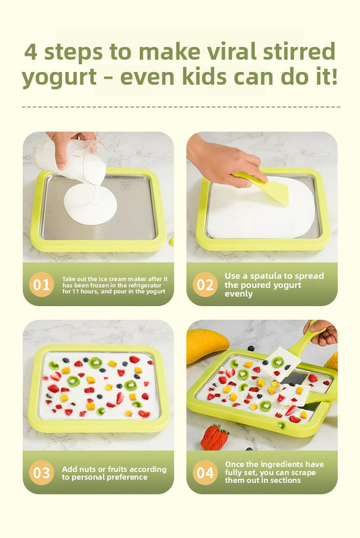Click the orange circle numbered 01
42,284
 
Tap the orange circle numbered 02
205,284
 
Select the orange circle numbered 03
42,473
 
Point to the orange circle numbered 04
205,473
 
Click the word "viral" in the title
231,52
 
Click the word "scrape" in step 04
303,473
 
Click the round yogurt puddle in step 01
90,204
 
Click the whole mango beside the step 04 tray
207,345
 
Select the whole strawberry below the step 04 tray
214,436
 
